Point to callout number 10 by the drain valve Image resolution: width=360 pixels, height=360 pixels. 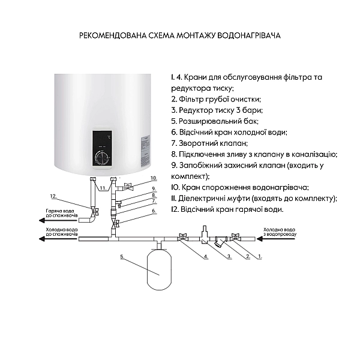pyautogui.click(x=153, y=178)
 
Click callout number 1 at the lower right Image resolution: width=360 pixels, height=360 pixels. pyautogui.click(x=260, y=256)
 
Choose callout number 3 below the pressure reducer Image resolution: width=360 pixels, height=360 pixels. pyautogui.click(x=229, y=256)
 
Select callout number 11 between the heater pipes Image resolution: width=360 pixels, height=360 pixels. pyautogui.click(x=103, y=188)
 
